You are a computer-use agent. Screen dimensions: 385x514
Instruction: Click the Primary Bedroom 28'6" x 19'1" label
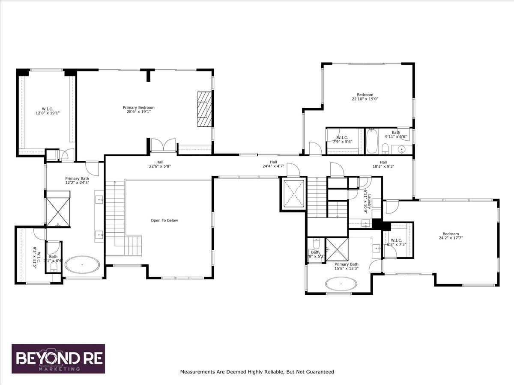138,110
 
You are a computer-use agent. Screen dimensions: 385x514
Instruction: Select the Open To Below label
164,221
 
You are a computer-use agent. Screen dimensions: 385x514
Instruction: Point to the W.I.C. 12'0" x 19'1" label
47,111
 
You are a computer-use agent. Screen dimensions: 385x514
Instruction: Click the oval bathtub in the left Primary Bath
83,265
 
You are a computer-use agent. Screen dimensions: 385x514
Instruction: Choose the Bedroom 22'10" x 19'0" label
365,97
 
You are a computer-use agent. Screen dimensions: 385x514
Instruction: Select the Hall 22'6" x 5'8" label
159,164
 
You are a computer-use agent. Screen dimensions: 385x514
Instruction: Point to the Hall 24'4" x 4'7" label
273,164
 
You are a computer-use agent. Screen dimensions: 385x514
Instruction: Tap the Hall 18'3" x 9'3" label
383,164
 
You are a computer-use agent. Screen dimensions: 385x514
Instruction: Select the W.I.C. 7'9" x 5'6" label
341,139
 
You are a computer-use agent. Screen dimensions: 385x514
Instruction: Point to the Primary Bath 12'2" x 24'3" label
75,181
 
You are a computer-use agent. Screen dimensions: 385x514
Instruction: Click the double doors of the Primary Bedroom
164,145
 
